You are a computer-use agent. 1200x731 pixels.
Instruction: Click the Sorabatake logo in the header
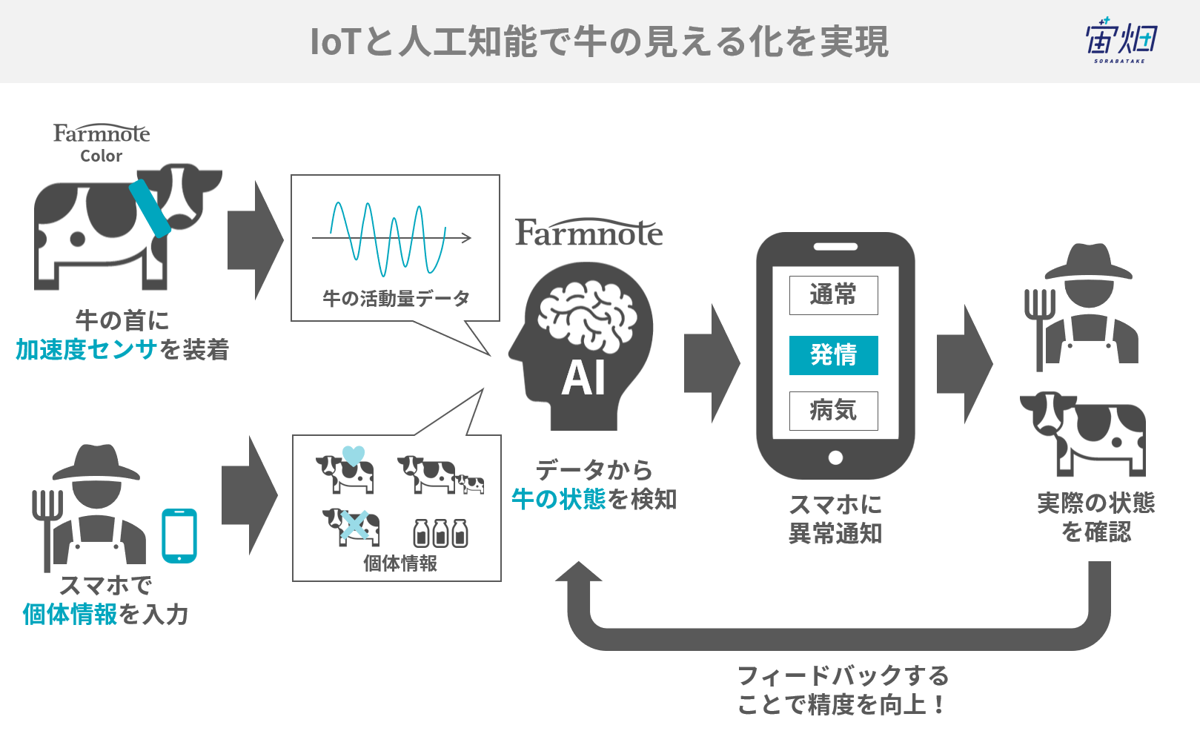click(x=1121, y=40)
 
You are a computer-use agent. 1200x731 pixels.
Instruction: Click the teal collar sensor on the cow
click(x=150, y=208)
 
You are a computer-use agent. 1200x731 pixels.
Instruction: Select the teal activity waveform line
click(x=388, y=239)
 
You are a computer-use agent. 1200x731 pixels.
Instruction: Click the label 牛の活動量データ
click(x=396, y=298)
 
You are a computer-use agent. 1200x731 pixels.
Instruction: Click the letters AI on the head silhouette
click(x=584, y=378)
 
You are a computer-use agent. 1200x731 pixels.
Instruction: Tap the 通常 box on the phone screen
click(x=834, y=295)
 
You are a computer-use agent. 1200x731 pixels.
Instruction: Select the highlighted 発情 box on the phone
click(x=834, y=355)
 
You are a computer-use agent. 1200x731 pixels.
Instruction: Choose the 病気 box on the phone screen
click(x=834, y=411)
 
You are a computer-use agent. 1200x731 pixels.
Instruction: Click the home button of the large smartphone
click(x=835, y=457)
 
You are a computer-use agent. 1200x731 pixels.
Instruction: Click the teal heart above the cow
click(x=354, y=455)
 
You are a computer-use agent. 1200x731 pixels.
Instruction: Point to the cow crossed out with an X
click(x=351, y=527)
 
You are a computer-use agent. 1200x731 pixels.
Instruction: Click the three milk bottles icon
click(x=440, y=533)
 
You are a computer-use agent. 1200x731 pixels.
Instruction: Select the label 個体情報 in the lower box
click(x=400, y=563)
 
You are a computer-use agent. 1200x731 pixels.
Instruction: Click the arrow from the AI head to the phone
click(x=712, y=363)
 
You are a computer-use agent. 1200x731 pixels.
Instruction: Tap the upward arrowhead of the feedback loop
click(x=579, y=572)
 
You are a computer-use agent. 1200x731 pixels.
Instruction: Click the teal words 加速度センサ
click(x=86, y=350)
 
